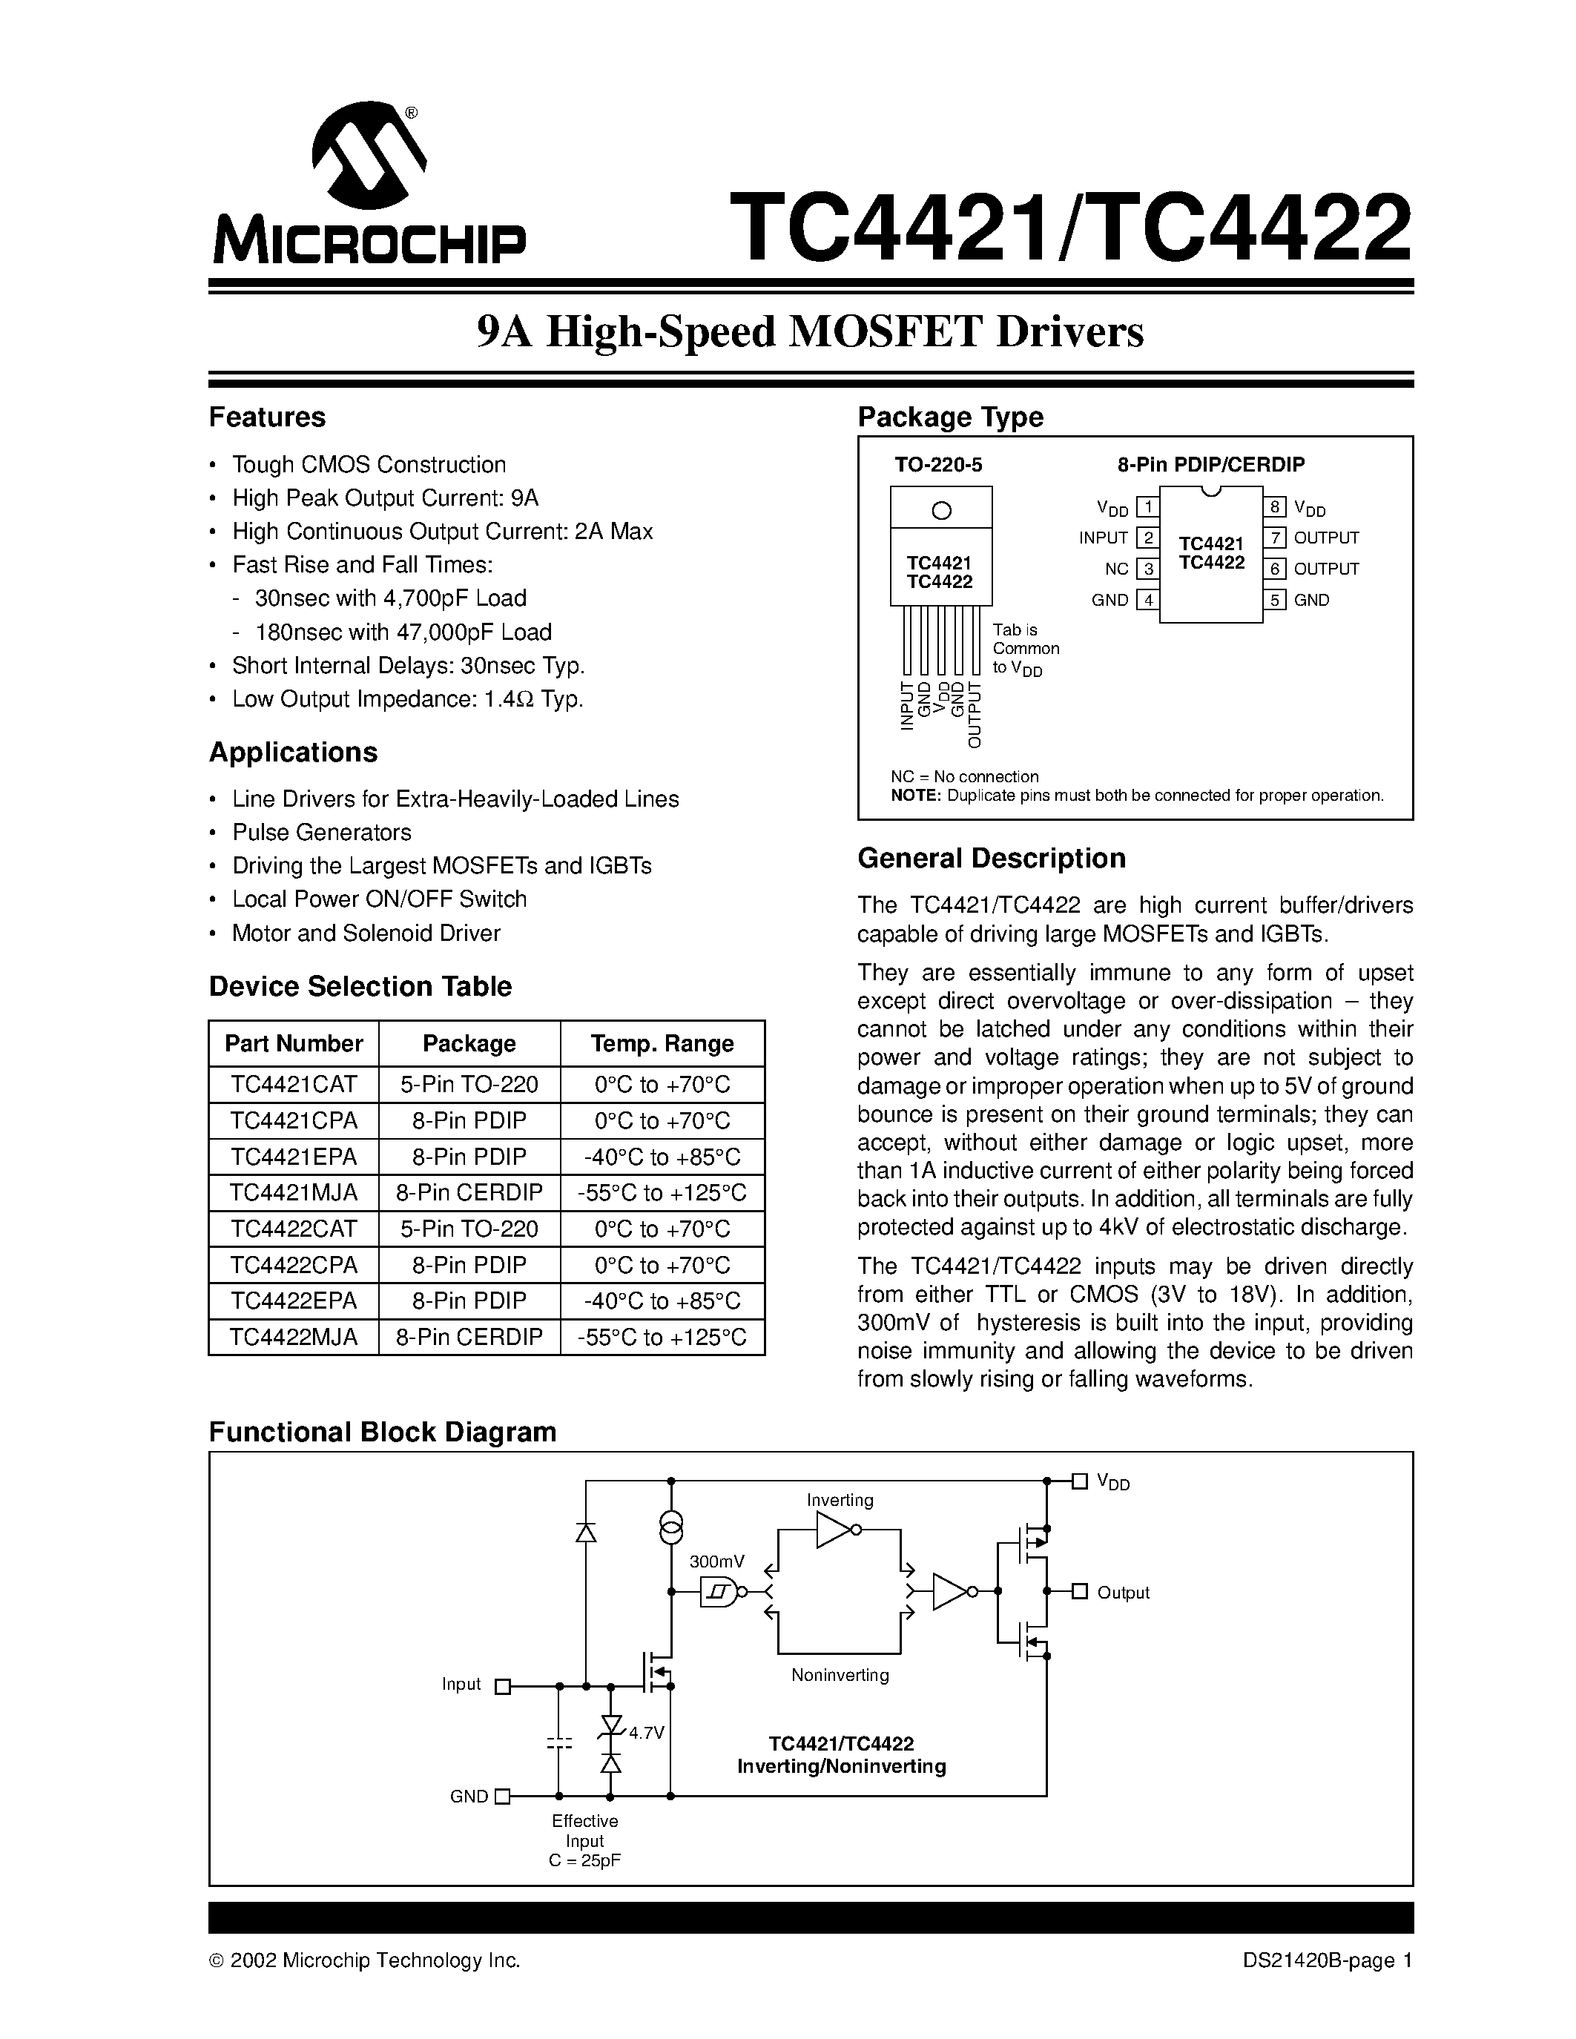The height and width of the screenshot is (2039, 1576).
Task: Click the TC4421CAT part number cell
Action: coord(293,1084)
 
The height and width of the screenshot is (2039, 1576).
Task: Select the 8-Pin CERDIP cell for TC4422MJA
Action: coord(469,1337)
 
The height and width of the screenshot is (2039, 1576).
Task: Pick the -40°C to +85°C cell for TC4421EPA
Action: coord(662,1157)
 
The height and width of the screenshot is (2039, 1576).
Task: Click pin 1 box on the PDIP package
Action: coord(1147,507)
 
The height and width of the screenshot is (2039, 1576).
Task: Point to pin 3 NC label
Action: coord(1117,569)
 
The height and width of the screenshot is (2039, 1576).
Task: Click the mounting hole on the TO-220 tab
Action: coord(941,510)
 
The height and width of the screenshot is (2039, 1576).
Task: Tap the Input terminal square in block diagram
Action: coord(502,1686)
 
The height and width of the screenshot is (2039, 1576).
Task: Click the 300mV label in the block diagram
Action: coord(717,1561)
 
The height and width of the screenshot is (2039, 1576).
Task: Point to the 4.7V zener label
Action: coord(646,1733)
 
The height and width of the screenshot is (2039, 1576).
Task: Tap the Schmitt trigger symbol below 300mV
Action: coord(717,1592)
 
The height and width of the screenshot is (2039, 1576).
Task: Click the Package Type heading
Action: coord(949,417)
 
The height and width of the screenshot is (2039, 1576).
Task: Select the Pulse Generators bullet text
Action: coord(321,832)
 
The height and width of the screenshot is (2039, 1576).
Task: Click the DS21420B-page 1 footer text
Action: coord(1327,1960)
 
